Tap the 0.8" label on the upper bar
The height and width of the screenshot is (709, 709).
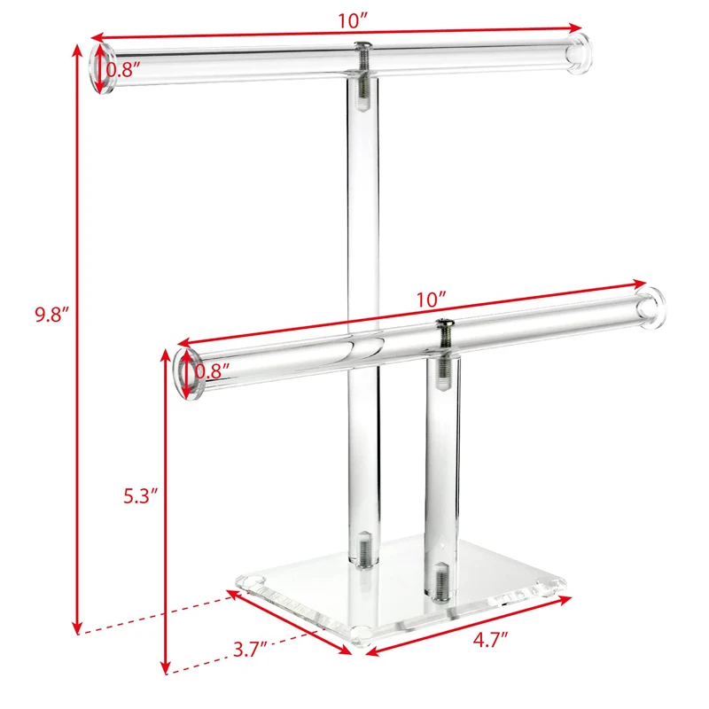point(123,68)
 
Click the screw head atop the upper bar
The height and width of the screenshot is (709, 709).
point(362,46)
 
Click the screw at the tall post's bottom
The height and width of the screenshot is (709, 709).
point(363,549)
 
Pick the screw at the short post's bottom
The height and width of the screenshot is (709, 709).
point(442,580)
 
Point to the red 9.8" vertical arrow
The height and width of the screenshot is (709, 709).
point(78,337)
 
